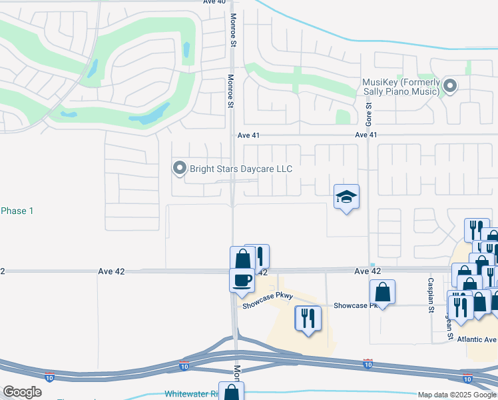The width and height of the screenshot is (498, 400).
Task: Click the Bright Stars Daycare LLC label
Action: click(240, 169)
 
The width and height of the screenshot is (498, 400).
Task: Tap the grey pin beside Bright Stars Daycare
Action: click(179, 169)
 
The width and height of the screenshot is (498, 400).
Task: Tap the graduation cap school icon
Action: click(346, 197)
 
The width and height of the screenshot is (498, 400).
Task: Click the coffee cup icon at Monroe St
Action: click(241, 279)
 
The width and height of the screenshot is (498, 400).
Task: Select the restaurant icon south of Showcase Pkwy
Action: click(307, 318)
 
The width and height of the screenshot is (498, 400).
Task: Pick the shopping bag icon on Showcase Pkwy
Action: click(383, 291)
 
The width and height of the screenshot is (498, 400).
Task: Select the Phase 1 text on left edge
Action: click(17, 211)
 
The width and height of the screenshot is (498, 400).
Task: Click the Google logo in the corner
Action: click(23, 391)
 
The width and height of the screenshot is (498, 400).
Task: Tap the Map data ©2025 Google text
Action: click(456, 395)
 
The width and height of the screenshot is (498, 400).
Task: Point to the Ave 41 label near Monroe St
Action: click(248, 135)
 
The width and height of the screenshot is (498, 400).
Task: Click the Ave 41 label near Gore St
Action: click(366, 135)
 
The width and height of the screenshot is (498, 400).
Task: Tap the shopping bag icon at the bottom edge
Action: click(232, 392)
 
